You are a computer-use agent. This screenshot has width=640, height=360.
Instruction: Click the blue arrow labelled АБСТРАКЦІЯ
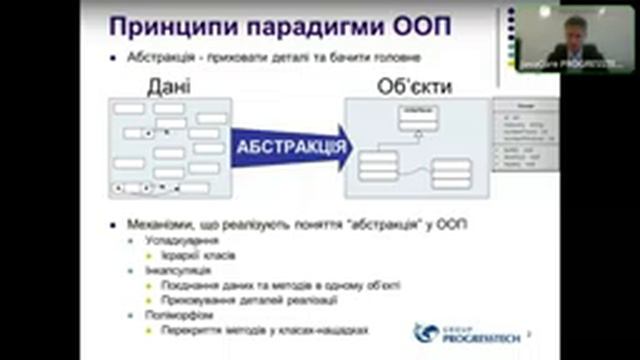click(290, 148)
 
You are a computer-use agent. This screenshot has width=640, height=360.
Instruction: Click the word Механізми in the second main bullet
click(166, 224)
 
